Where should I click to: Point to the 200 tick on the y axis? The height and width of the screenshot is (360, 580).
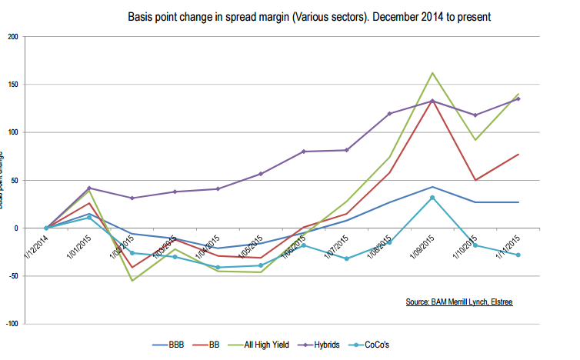coord(12,36)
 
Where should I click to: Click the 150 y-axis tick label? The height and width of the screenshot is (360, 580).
coord(12,84)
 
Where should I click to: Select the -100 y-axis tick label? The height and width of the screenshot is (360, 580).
coord(10,324)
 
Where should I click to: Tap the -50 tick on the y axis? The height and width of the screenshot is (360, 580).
coord(12,276)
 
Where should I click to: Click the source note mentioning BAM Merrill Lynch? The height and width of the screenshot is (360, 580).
coord(459,302)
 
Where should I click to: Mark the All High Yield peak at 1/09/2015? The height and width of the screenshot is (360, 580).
coord(433,73)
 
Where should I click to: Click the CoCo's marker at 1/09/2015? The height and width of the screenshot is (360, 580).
coord(433,198)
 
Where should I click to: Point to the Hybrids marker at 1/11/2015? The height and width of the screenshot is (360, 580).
coord(518,98)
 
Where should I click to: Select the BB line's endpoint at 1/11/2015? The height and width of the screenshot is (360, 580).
coord(518,155)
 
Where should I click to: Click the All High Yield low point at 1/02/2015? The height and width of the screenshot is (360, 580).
coord(132,280)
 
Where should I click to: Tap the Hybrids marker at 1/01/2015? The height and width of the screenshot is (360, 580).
coord(89,188)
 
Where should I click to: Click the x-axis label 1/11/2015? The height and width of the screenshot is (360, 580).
coord(508,246)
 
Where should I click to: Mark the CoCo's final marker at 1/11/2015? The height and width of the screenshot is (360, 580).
coord(518,255)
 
